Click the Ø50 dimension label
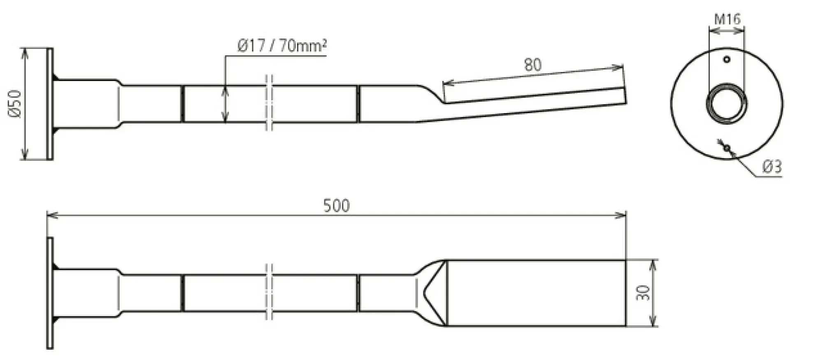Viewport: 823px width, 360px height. (15, 104)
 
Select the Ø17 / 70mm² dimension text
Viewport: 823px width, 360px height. (282, 45)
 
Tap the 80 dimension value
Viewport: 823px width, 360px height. (533, 65)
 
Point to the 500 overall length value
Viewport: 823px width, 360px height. (336, 205)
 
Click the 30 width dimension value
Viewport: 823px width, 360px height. (643, 293)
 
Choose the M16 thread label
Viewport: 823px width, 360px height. (727, 19)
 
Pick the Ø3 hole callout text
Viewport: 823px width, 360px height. (772, 167)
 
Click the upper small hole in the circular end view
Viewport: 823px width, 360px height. (727, 59)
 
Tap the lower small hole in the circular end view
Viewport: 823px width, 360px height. (727, 147)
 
